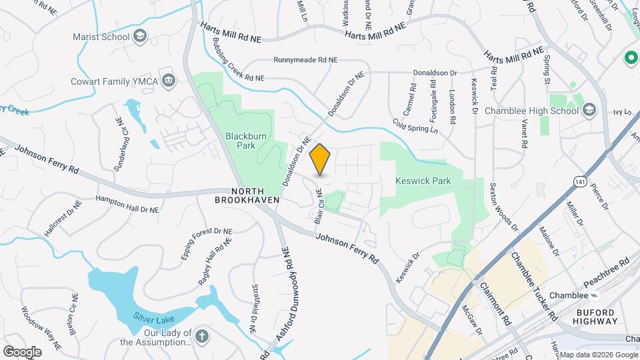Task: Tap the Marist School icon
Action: pyautogui.click(x=139, y=37)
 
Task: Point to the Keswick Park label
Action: pyautogui.click(x=423, y=181)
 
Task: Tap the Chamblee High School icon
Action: pyautogui.click(x=589, y=111)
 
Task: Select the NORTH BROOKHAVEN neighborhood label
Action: pyautogui.click(x=246, y=195)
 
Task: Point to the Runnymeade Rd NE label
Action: pyautogui.click(x=305, y=60)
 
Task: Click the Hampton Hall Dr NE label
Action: pyautogui.click(x=127, y=204)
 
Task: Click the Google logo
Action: pyautogui.click(x=22, y=351)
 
